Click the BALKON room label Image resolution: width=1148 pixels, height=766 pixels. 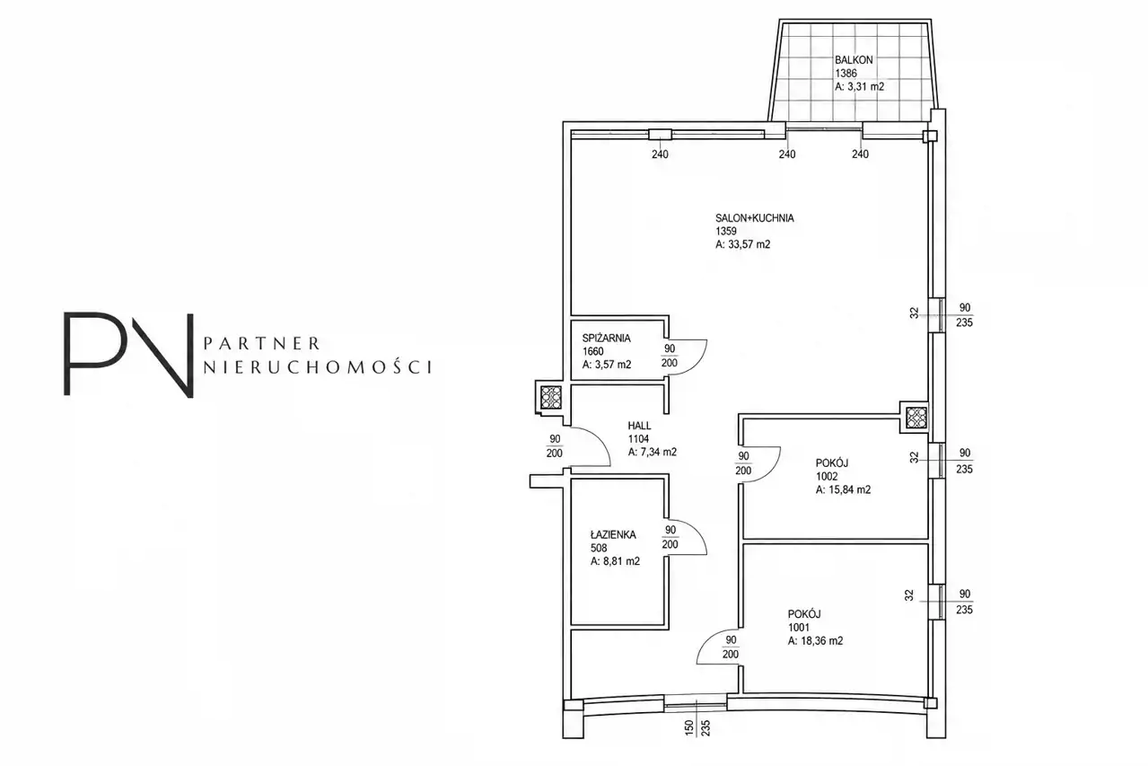click(854, 60)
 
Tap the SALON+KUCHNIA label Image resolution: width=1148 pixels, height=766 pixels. click(754, 218)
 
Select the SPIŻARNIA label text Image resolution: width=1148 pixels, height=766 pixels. click(606, 338)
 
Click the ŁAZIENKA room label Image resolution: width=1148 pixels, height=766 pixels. click(613, 535)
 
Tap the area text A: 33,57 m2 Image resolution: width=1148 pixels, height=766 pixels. click(742, 244)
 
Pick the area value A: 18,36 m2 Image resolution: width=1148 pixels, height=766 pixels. click(815, 641)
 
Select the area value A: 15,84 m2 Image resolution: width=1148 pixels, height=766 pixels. click(843, 489)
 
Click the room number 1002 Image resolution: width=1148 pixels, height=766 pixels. click(827, 476)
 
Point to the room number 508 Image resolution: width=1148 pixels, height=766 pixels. click(599, 548)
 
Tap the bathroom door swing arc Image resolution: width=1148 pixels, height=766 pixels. click(698, 533)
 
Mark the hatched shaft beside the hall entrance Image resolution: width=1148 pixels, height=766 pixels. click(551, 397)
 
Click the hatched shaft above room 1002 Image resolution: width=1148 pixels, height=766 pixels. click(916, 418)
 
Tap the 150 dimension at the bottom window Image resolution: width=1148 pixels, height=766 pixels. click(688, 727)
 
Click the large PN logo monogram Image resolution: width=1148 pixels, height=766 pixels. click(128, 355)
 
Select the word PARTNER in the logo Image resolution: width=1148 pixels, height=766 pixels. click(262, 343)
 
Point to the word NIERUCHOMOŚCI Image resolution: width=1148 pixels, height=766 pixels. click(317, 366)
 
